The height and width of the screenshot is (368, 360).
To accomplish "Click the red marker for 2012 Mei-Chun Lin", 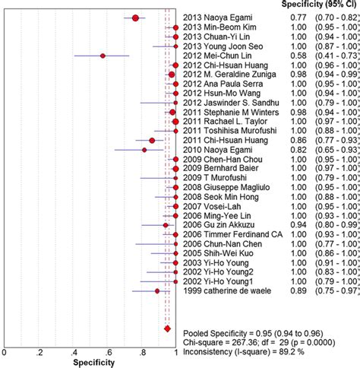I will [x=103, y=56].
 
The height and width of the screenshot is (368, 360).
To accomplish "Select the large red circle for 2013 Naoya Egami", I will [x=136, y=17].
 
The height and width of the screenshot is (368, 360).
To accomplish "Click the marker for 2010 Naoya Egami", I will [x=145, y=150].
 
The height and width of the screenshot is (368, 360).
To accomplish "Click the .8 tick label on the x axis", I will [x=141, y=352].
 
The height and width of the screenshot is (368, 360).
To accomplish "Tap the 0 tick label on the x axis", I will [x=5, y=352].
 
